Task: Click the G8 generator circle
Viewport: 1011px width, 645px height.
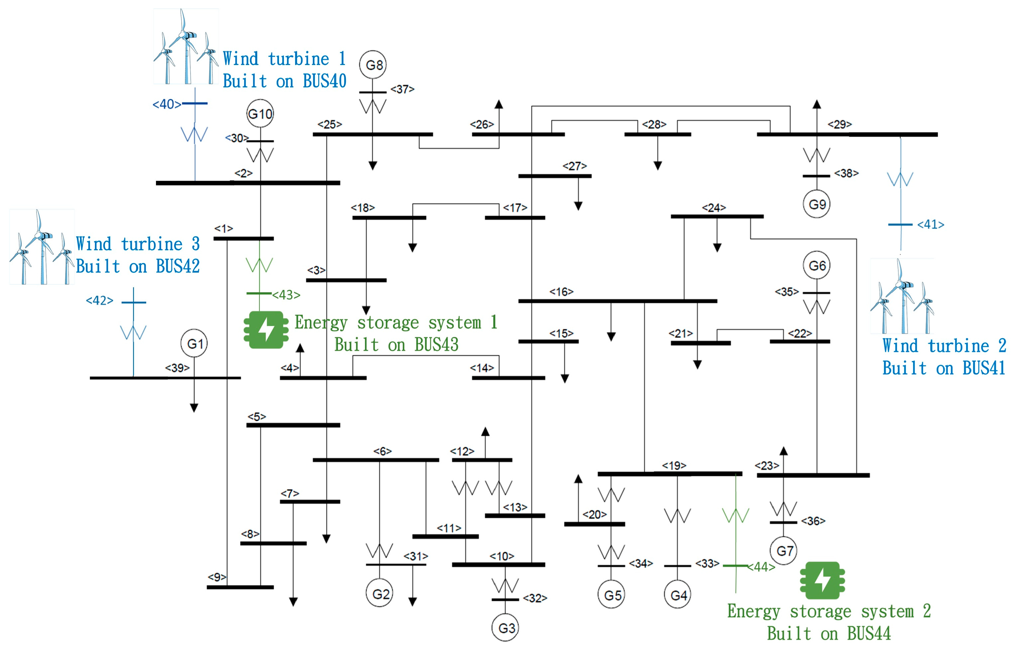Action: [x=373, y=65]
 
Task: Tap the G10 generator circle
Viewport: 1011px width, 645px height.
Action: [x=260, y=113]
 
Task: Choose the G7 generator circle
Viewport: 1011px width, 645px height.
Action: [x=783, y=550]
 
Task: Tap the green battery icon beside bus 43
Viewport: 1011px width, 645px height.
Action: [x=266, y=330]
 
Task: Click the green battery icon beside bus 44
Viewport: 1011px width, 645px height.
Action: [x=822, y=580]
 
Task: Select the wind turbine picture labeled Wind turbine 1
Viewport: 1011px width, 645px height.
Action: [x=186, y=46]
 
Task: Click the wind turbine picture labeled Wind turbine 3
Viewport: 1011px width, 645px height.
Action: [x=42, y=247]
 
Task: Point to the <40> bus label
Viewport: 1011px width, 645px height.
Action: [x=167, y=104]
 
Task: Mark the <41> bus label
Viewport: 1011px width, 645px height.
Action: [x=931, y=224]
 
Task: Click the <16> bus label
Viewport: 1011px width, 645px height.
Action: [x=561, y=292]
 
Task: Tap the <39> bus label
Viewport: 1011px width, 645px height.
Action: [x=177, y=368]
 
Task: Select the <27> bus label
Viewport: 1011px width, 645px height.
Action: [x=574, y=166]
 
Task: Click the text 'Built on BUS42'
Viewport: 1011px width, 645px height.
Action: [x=138, y=266]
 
